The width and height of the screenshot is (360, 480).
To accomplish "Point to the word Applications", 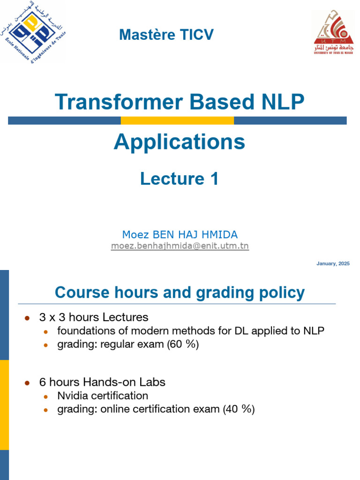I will tap(179, 142).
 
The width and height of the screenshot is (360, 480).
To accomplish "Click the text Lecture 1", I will tap(179, 179).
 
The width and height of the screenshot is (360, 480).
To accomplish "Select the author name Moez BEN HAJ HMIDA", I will tap(180, 234).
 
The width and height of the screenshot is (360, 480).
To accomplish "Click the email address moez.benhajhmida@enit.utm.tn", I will tap(180, 246).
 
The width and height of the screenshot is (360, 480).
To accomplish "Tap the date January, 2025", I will tap(333, 264).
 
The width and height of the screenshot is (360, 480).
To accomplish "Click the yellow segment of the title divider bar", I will tap(177, 120).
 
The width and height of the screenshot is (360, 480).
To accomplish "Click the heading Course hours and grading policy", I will tap(180, 293).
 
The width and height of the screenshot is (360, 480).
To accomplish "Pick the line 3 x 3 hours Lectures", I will tap(94, 317).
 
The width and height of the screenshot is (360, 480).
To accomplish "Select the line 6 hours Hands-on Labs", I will tap(102, 382).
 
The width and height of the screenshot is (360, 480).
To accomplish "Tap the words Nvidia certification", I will tap(103, 396).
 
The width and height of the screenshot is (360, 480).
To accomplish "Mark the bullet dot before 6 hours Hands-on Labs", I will tap(27, 383).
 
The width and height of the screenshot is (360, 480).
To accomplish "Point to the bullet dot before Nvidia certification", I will tap(45, 397).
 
